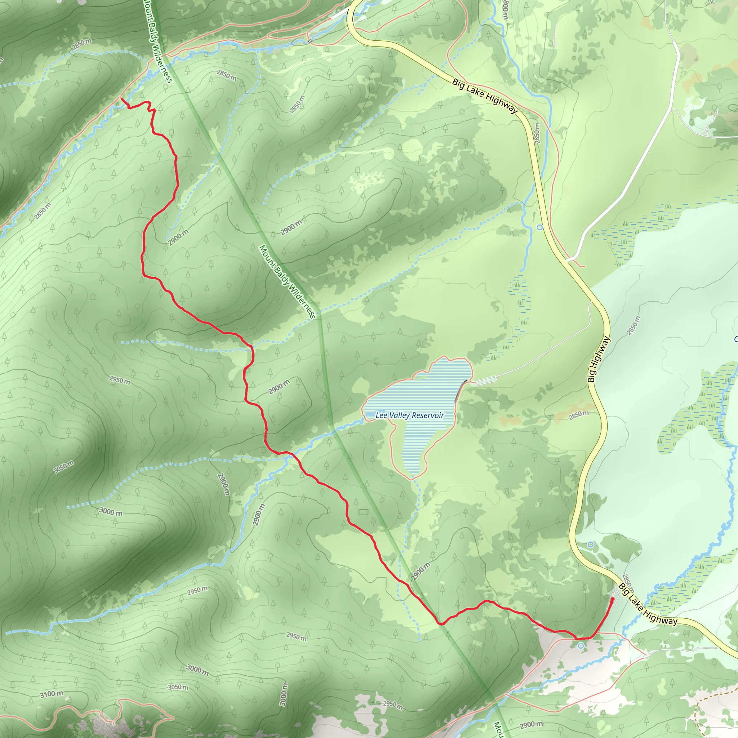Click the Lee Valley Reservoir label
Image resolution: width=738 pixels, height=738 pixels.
point(409,415)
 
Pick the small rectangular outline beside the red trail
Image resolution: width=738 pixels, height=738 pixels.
point(363,511)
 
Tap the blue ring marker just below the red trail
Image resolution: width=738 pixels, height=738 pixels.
point(581,646)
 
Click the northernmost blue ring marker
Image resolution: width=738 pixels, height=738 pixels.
point(540,227)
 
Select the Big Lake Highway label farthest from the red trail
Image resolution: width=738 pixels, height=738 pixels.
point(484,96)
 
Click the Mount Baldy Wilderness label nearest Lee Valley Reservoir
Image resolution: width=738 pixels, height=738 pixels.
point(287,282)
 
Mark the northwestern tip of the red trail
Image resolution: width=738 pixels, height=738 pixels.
point(122,98)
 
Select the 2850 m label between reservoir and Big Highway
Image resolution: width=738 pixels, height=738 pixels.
point(579,415)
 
